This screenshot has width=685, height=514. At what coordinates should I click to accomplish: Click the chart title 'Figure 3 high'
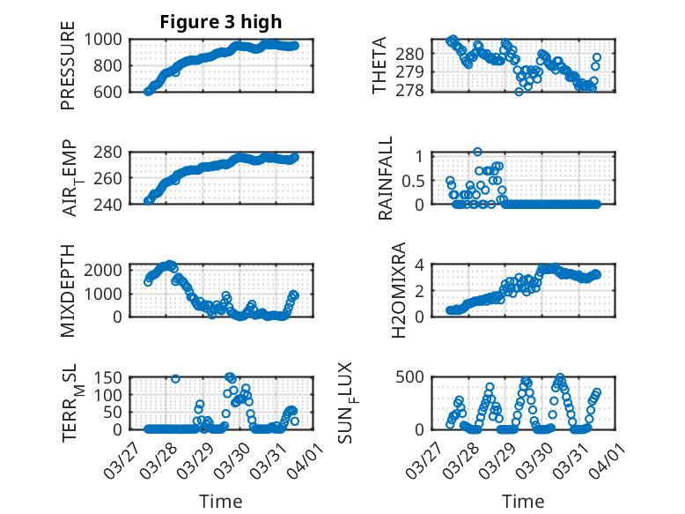[x=221, y=22]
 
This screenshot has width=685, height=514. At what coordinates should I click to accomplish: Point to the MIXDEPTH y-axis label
[x=68, y=290]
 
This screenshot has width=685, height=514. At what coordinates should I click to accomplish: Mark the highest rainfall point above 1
[x=477, y=152]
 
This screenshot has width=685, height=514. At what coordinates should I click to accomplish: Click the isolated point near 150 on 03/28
[x=175, y=379]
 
